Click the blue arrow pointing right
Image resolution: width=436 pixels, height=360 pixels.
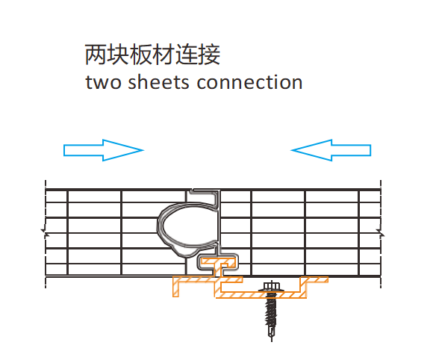[x=104, y=150]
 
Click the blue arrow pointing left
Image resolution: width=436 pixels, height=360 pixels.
[x=331, y=150]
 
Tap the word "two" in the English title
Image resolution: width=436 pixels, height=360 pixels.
[x=103, y=83]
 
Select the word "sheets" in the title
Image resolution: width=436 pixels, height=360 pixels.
[x=158, y=82]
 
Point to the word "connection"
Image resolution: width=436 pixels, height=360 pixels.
[x=249, y=82]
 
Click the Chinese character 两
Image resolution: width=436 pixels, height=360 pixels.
[x=96, y=55]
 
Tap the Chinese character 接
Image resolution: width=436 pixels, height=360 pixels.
[x=209, y=55]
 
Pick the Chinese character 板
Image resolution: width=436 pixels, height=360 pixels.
[x=141, y=55]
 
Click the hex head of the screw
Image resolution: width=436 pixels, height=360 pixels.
[x=272, y=286]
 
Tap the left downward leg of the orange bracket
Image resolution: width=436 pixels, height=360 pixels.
[x=175, y=287]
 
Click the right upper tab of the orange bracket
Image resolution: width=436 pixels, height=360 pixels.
[x=314, y=279]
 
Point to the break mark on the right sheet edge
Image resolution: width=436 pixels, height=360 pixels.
[x=381, y=232]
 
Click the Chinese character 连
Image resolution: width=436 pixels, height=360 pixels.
[x=187, y=55]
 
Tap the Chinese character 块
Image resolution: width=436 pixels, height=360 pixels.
[x=119, y=55]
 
